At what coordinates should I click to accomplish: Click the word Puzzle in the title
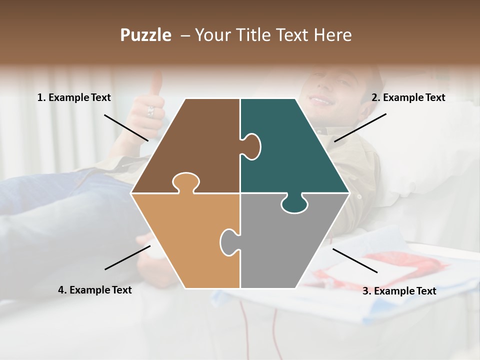(x=145, y=35)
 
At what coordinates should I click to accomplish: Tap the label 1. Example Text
(x=74, y=98)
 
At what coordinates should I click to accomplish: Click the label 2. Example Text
(x=408, y=98)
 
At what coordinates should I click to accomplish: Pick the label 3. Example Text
(x=399, y=291)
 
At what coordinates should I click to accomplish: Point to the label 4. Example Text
(x=95, y=290)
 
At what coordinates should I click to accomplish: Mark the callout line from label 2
(x=360, y=127)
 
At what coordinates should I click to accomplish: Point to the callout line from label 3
(x=355, y=260)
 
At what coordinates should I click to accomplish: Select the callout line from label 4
(x=127, y=257)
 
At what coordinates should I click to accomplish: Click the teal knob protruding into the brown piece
(x=251, y=145)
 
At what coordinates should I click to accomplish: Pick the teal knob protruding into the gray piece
(x=294, y=204)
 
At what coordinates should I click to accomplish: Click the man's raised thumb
(x=157, y=82)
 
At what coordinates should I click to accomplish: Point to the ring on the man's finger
(x=150, y=111)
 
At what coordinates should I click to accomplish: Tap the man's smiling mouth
(x=320, y=100)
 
